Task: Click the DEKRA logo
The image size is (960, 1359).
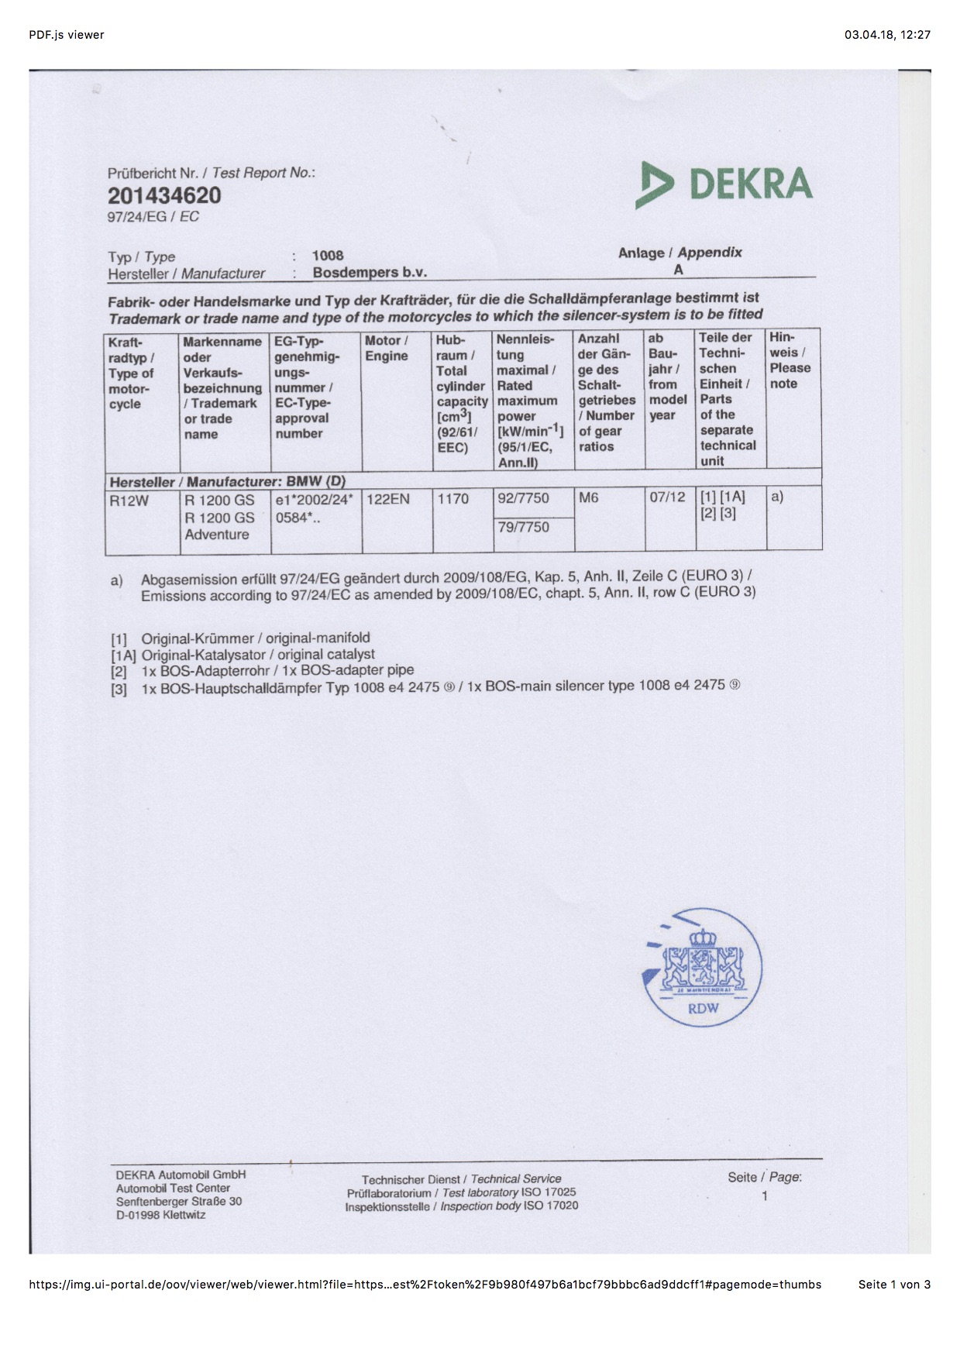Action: pos(724,184)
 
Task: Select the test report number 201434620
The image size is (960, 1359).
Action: pos(164,195)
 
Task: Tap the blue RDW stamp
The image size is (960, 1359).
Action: pos(703,969)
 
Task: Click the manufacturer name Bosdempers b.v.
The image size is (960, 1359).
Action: pos(370,273)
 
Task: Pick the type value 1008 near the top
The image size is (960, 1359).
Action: pos(328,256)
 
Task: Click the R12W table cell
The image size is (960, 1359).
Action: pos(129,501)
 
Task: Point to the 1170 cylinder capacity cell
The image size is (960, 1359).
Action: pos(452,499)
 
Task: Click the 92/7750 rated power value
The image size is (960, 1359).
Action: pos(523,498)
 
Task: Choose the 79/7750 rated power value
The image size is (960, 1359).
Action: pos(523,527)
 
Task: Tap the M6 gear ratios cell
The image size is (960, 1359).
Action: pos(589,498)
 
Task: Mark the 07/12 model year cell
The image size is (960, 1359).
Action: pos(667,497)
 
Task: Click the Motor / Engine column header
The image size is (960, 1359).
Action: pos(387,348)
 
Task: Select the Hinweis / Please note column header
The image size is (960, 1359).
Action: pos(790,360)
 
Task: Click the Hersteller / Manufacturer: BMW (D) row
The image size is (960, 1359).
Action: pos(228,481)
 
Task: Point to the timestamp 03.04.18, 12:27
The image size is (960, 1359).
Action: pos(887,34)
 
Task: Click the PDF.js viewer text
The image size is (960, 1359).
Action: pos(67,34)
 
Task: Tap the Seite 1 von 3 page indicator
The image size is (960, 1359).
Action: pos(894,1284)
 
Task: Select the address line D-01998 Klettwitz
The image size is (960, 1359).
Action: pos(161,1215)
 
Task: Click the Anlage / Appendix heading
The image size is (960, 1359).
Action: pos(680,253)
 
